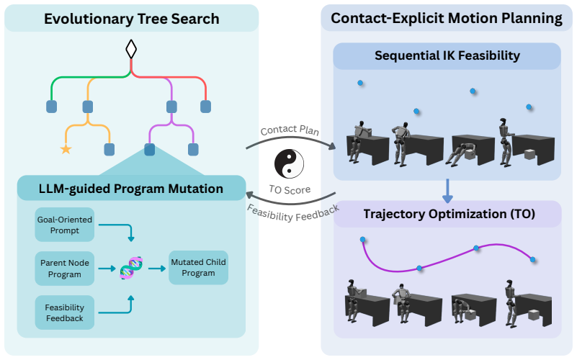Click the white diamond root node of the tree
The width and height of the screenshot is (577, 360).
(x=131, y=49)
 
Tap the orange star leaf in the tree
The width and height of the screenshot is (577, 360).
(x=66, y=149)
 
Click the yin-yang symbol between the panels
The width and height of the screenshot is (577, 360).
(x=290, y=164)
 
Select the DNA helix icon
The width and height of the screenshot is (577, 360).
(x=131, y=268)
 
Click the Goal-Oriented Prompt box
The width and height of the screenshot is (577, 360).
(x=65, y=225)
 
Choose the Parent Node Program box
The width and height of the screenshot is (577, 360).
(x=65, y=269)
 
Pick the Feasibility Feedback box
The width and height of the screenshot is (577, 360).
(x=65, y=312)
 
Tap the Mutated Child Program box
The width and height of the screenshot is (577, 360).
(x=198, y=268)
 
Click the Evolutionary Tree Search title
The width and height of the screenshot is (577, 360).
(x=132, y=19)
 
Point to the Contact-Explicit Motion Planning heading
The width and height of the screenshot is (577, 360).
(x=447, y=19)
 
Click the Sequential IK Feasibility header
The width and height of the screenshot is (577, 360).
(x=447, y=55)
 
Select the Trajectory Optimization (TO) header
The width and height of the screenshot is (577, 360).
(x=449, y=214)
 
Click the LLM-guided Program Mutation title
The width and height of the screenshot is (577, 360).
(x=131, y=189)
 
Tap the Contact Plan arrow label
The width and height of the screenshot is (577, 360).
(x=290, y=130)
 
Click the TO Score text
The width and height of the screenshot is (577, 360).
(x=290, y=190)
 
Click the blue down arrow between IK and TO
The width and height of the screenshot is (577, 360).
(x=447, y=192)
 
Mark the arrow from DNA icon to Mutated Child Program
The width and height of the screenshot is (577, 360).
(x=157, y=269)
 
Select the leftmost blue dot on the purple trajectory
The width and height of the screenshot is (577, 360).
(x=363, y=240)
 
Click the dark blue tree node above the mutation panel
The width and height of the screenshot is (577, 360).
(x=149, y=150)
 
